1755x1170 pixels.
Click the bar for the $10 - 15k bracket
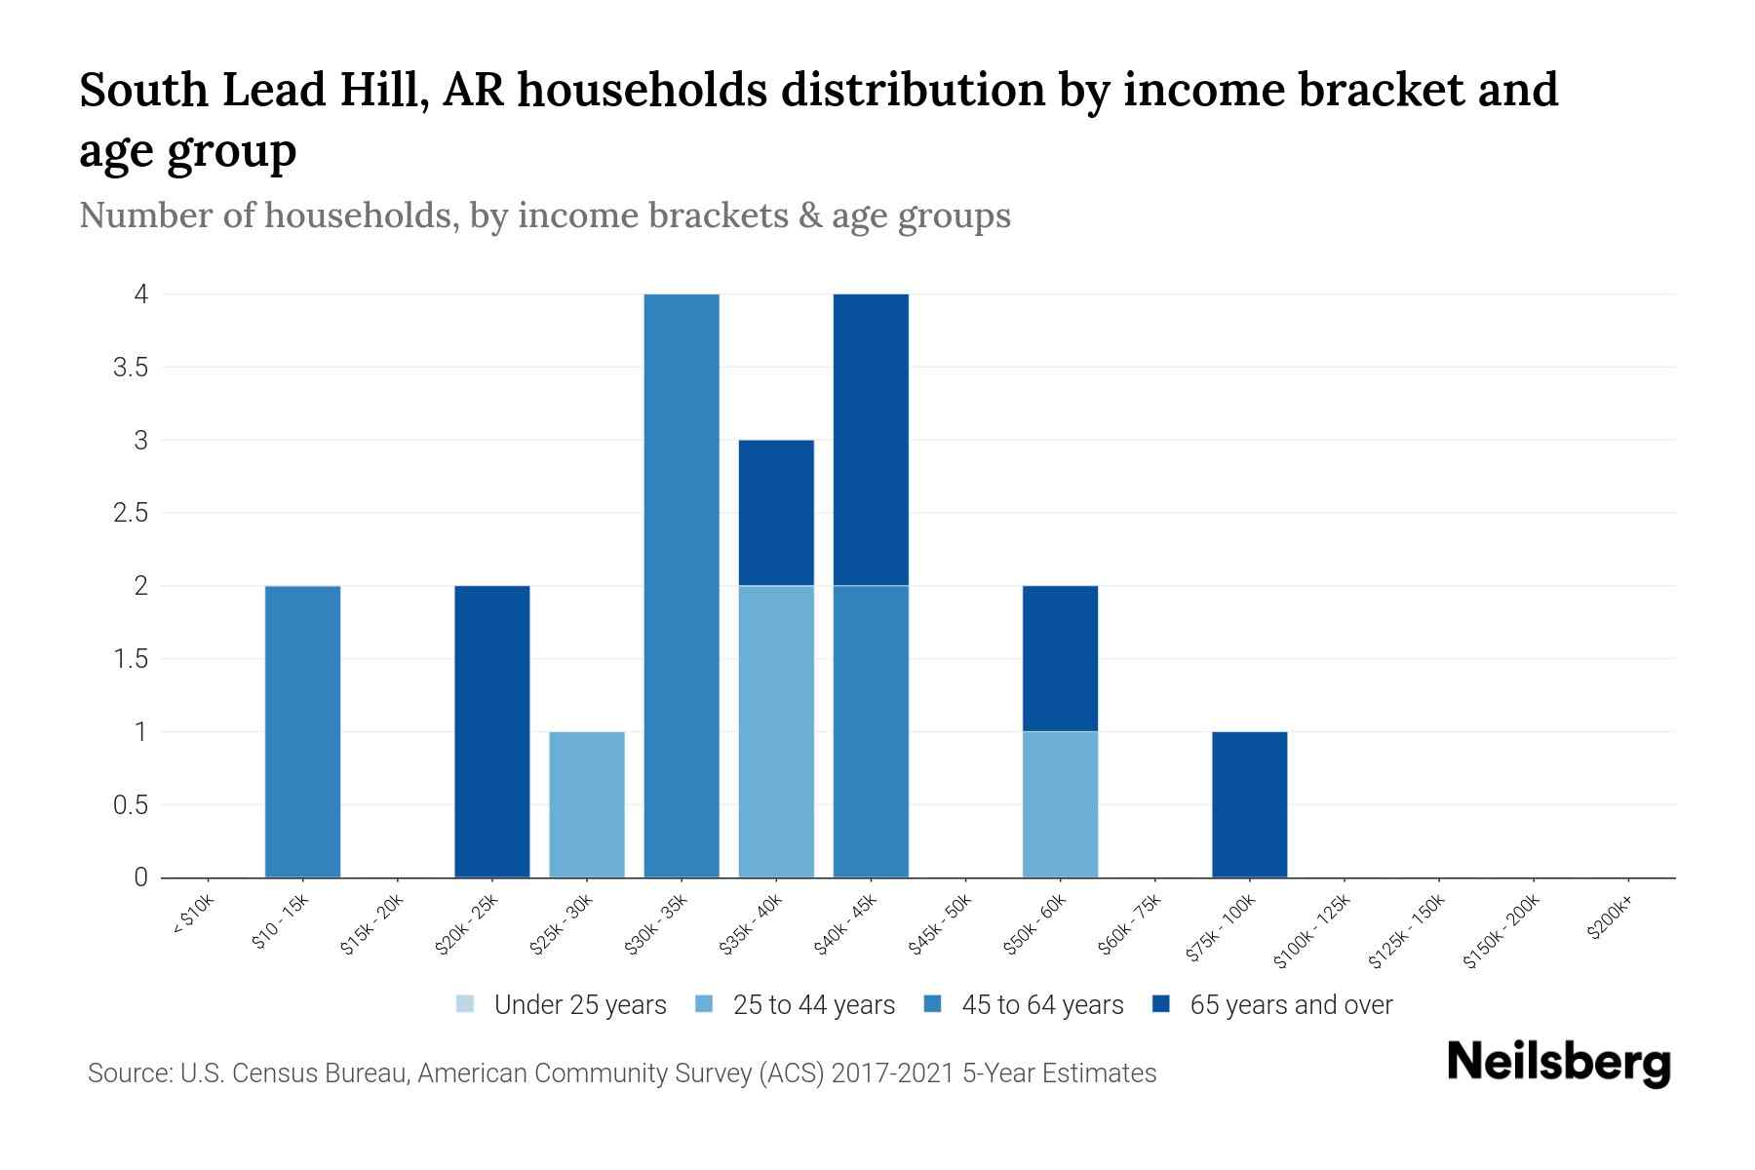(302, 731)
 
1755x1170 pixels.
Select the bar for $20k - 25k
(492, 731)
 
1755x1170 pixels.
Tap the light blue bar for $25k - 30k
(587, 804)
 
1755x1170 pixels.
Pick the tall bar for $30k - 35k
(682, 585)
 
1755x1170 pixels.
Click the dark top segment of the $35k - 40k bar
(776, 512)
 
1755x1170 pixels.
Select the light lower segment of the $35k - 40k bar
(776, 731)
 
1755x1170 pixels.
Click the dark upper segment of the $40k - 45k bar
(871, 439)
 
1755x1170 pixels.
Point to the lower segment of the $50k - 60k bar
(1060, 804)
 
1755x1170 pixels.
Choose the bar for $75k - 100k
(1249, 804)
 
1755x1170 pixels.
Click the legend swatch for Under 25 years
(465, 1004)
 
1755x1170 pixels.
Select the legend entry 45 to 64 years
(1041, 1004)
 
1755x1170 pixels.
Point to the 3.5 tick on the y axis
(129, 368)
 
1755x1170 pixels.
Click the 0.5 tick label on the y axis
(129, 805)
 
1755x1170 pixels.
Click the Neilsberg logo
(1558, 1062)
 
